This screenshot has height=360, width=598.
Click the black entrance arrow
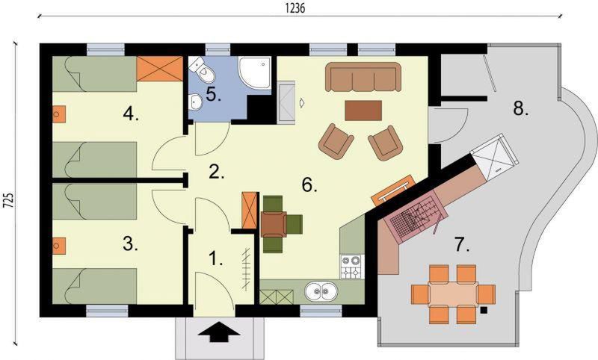tap(219, 332)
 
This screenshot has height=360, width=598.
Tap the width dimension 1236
tap(295, 8)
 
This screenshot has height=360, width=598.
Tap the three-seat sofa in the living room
tap(363, 77)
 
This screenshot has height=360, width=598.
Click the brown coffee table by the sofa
tap(363, 110)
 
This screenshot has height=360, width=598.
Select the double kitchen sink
tap(321, 292)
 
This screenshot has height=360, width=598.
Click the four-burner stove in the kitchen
tap(351, 267)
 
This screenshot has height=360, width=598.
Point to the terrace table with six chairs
tap(453, 294)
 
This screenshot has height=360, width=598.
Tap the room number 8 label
tap(521, 108)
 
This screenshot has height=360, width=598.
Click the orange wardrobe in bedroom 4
tap(159, 69)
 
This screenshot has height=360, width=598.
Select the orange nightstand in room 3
tap(59, 246)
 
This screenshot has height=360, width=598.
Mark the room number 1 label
tap(216, 258)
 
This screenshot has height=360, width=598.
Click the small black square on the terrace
tap(484, 310)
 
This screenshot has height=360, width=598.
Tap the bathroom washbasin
tap(196, 102)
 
